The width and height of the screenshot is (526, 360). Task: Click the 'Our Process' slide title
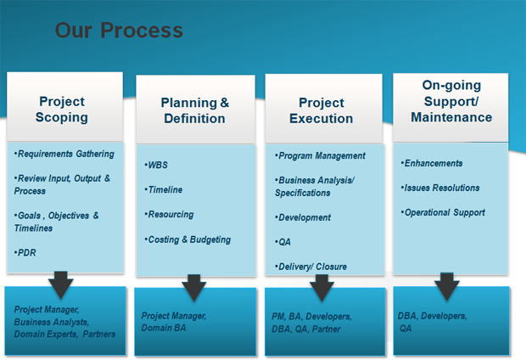coord(119,31)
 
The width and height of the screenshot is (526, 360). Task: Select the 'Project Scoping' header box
coord(64,106)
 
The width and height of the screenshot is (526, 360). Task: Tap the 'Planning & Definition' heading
coord(194,110)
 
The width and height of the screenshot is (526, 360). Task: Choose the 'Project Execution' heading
coord(322,110)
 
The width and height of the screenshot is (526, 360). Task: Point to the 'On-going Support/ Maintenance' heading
coord(451,101)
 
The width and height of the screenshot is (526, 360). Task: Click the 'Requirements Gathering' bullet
coord(64,154)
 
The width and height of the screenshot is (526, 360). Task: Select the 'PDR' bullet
coord(25,252)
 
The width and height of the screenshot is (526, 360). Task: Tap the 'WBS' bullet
coord(156,165)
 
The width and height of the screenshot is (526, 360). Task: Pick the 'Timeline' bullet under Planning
coord(164,189)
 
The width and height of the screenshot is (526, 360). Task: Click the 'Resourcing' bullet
coord(169,215)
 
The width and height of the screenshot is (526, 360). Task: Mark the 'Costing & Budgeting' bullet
coord(187,239)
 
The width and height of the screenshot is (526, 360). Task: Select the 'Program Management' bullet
coord(320,156)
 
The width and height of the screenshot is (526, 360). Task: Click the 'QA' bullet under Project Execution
coord(283,242)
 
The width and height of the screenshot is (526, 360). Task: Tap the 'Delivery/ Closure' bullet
coord(311,267)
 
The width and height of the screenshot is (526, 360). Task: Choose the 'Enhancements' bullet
coord(431,163)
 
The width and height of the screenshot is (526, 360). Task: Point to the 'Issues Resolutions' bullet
coord(440,188)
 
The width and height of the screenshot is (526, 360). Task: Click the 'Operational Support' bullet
coord(443,212)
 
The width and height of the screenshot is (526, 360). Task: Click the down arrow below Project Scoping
coord(61,284)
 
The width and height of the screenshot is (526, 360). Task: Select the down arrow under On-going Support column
coord(447,286)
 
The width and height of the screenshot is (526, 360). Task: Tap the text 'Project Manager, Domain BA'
coord(174,322)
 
